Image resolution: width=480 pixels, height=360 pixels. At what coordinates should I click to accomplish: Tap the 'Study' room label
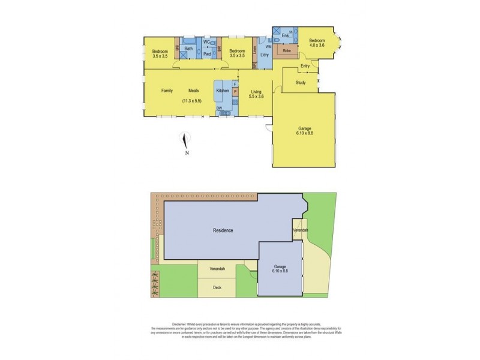(x=301, y=83)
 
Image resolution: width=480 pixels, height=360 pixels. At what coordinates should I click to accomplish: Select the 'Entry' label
(x=305, y=65)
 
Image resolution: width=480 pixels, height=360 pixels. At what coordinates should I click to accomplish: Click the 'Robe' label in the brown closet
(x=287, y=51)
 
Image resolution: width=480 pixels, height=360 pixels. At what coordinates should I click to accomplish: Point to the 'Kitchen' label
(x=222, y=91)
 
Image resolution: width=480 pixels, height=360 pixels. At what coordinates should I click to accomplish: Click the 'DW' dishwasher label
(x=220, y=108)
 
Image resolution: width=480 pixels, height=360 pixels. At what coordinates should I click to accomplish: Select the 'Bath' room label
(x=188, y=49)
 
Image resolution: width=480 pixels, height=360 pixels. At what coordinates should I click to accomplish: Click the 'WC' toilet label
(x=206, y=42)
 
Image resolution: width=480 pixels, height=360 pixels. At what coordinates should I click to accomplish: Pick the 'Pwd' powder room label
(x=207, y=55)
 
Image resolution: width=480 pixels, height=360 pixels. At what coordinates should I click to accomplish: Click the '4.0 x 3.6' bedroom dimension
(x=317, y=45)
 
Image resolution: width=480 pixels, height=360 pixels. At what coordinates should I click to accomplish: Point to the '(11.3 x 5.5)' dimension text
(x=193, y=101)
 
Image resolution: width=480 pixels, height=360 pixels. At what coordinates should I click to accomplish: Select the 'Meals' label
(x=193, y=91)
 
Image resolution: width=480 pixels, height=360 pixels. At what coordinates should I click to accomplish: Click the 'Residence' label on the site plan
(x=222, y=230)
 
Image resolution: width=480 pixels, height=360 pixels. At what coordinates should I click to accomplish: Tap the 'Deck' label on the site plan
(x=217, y=288)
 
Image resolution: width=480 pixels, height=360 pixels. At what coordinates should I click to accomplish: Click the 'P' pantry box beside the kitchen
(x=235, y=92)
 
